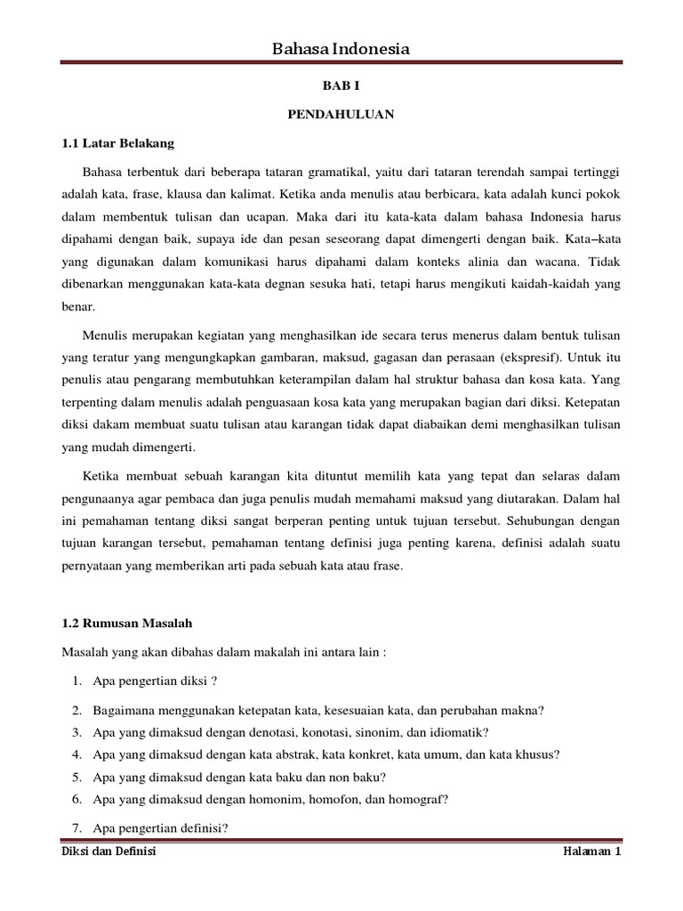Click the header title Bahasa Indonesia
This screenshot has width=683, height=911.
(x=341, y=49)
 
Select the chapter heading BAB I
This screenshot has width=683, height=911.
(x=341, y=87)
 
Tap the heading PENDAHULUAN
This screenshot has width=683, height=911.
(x=341, y=115)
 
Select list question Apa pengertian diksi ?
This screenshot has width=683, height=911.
(x=153, y=681)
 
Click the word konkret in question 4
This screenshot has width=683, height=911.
(x=401, y=754)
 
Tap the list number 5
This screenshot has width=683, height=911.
(x=76, y=777)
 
